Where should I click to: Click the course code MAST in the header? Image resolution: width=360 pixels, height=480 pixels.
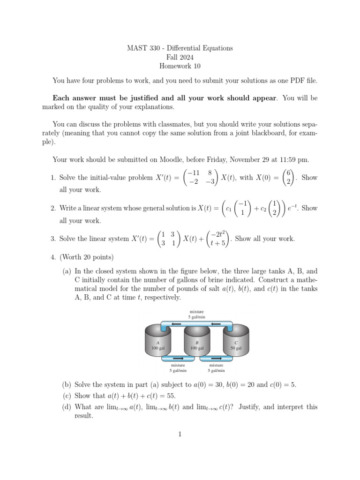136,48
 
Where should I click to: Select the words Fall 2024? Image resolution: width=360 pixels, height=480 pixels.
180,57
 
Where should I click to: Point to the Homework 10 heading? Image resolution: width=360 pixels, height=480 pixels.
180,66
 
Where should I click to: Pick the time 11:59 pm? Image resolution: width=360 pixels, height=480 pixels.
294,159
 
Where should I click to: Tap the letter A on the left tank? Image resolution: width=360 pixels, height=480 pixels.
157,343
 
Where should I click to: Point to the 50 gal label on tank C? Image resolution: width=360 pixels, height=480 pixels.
235,348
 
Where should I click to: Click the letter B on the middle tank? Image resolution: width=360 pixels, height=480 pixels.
197,343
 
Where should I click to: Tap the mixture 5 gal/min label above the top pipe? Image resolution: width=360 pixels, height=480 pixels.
197,314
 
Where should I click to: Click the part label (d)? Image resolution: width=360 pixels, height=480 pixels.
67,407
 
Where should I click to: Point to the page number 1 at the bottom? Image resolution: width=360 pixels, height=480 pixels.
180,434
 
